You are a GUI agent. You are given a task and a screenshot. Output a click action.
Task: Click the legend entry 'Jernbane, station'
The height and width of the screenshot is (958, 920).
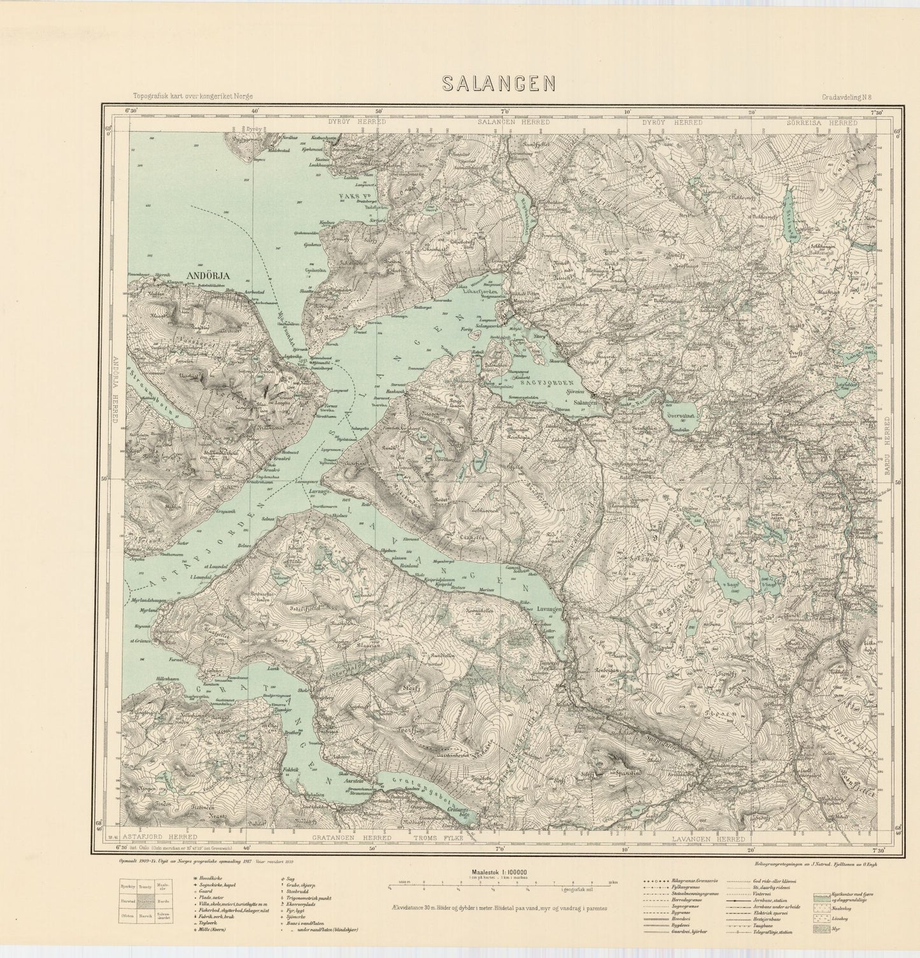(770, 901)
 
